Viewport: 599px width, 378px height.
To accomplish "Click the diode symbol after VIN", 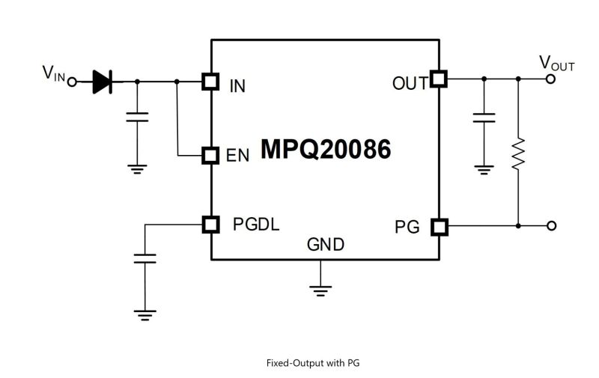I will [x=102, y=82].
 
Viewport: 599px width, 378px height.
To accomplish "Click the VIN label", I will [x=54, y=73].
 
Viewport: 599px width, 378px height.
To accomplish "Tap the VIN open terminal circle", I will [x=73, y=82].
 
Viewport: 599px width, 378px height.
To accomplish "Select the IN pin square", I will [x=211, y=82].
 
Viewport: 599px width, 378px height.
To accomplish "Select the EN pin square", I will [x=211, y=155].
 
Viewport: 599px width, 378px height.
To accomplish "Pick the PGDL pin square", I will [x=211, y=224].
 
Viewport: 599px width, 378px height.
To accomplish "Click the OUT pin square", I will [x=438, y=79].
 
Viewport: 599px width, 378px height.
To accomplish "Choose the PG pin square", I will [x=438, y=225].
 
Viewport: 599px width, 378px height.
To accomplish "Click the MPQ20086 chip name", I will [x=325, y=150].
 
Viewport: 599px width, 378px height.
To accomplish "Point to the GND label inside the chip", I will [x=326, y=245].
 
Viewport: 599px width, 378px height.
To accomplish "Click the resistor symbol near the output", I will [x=518, y=153].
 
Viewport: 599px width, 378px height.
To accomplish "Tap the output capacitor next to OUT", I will [x=484, y=118].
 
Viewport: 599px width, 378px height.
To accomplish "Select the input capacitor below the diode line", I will [x=136, y=117].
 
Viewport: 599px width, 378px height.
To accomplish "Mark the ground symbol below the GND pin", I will [x=321, y=289].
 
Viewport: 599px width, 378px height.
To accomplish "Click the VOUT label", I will [x=557, y=64].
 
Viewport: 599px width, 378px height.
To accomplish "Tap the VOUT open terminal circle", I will [x=552, y=79].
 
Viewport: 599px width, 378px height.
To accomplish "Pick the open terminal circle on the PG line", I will [x=552, y=225].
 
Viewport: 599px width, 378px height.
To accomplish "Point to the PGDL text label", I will [x=256, y=224].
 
